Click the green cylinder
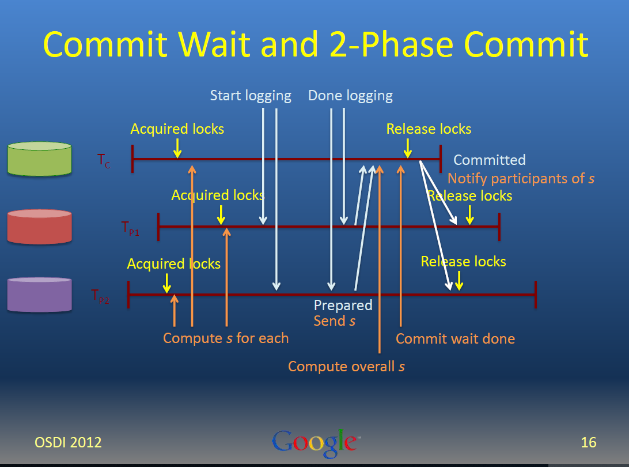[40, 159]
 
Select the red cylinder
[40, 227]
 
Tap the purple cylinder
[40, 295]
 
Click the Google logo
[316, 443]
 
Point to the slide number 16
[589, 443]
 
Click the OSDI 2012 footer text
[68, 443]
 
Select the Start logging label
[251, 96]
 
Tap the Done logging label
[350, 96]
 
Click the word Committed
[490, 160]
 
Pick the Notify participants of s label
[521, 178]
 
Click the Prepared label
[343, 305]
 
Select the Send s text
[335, 321]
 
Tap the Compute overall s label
[346, 366]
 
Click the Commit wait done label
[455, 338]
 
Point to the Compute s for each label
[226, 338]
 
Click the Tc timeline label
[104, 161]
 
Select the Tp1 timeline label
[130, 228]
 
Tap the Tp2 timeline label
[100, 297]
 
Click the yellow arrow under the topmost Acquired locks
[177, 148]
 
